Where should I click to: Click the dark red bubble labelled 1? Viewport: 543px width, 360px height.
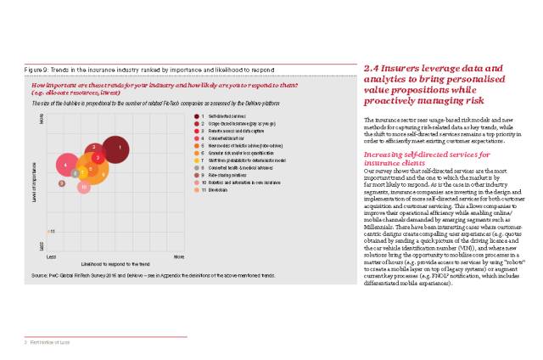120,149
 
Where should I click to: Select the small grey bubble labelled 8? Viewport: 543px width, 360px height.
76,172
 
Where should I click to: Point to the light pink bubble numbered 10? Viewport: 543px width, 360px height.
83,187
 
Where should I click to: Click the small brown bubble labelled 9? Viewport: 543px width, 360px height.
61,183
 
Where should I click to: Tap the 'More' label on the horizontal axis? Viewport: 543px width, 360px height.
178,255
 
